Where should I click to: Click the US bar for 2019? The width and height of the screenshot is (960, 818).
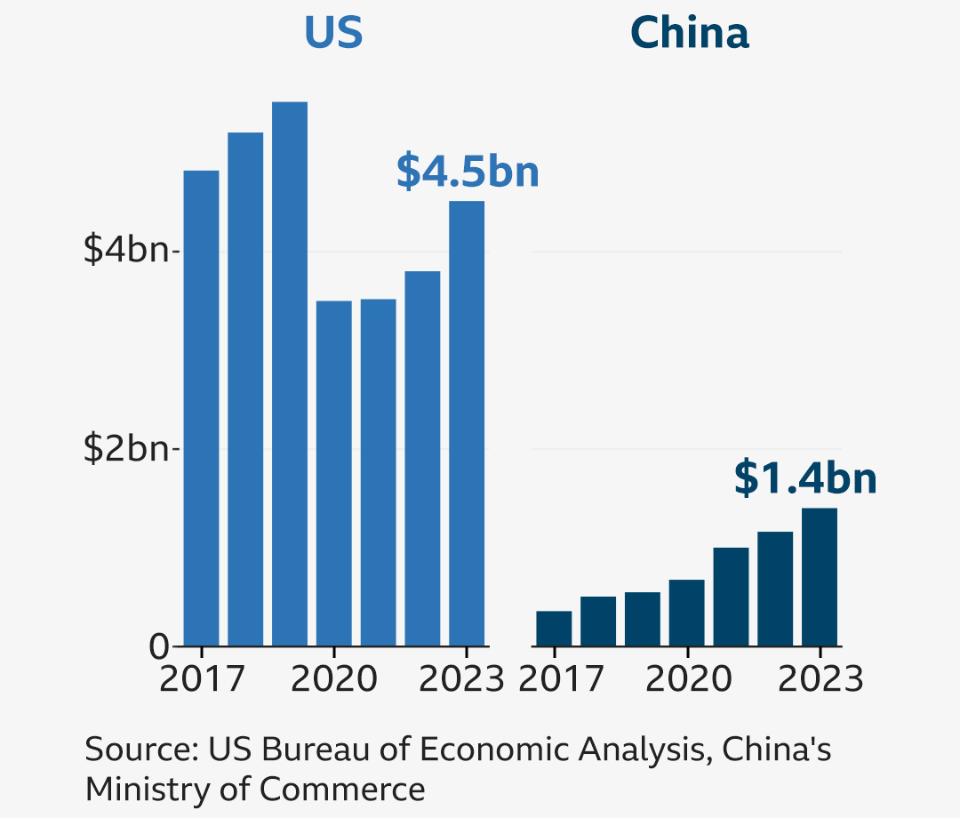point(290,373)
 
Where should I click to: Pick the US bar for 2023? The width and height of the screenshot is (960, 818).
point(467,423)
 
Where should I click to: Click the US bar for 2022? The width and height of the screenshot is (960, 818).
point(422,458)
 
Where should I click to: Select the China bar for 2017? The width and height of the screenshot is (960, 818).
point(554,628)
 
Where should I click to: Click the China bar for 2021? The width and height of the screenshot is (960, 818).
point(731,596)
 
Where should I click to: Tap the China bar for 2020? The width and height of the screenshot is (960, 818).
point(686,613)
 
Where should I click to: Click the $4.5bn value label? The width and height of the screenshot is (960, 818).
point(468,172)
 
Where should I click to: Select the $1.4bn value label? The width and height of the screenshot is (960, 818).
point(805,478)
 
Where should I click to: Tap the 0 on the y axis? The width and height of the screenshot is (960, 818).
point(160,646)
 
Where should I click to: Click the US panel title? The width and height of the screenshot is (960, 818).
point(333,34)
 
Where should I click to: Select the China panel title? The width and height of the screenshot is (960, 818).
point(690,34)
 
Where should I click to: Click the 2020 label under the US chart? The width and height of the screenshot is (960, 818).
point(334,679)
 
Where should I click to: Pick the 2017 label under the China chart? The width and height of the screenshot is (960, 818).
point(560,679)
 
